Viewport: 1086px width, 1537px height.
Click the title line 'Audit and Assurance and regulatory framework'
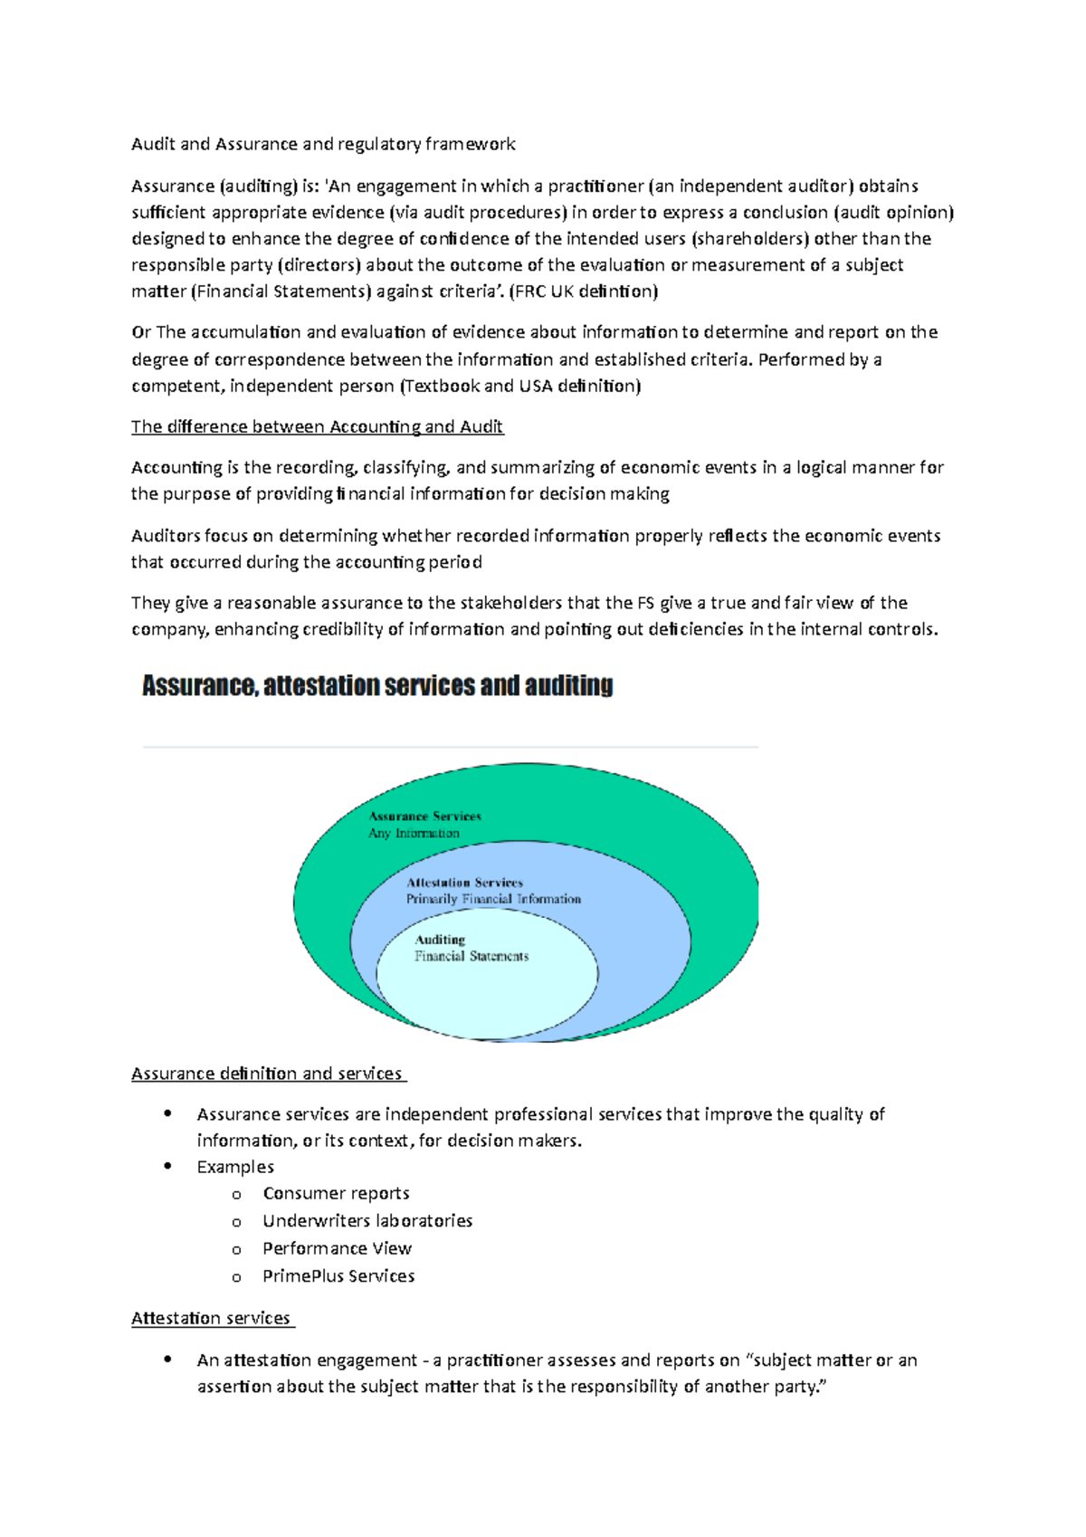(323, 144)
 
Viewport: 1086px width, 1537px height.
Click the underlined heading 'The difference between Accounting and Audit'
(317, 426)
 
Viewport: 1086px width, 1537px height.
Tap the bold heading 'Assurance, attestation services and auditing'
(377, 686)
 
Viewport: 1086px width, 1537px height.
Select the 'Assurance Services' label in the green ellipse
(424, 816)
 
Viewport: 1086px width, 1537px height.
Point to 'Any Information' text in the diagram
(414, 833)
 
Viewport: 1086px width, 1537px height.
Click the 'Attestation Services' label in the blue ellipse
(464, 883)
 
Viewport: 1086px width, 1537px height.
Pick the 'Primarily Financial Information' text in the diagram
(493, 899)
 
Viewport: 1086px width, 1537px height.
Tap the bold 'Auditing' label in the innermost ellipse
(440, 940)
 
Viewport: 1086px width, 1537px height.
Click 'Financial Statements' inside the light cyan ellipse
(472, 956)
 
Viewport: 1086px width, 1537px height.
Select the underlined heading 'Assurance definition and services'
(267, 1074)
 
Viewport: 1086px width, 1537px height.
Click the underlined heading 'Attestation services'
(211, 1318)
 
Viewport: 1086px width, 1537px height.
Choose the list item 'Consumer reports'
(336, 1193)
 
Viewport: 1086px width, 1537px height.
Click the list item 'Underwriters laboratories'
(367, 1221)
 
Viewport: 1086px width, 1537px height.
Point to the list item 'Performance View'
(337, 1248)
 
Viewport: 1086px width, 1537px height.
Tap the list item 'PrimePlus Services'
(338, 1275)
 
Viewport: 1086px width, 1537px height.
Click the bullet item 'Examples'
(235, 1167)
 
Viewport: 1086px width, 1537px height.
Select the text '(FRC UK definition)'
(584, 291)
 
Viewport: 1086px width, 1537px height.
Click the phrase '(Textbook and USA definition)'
(520, 386)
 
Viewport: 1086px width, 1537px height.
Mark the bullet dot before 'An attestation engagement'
(167, 1359)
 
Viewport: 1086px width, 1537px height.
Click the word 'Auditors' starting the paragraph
(165, 536)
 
